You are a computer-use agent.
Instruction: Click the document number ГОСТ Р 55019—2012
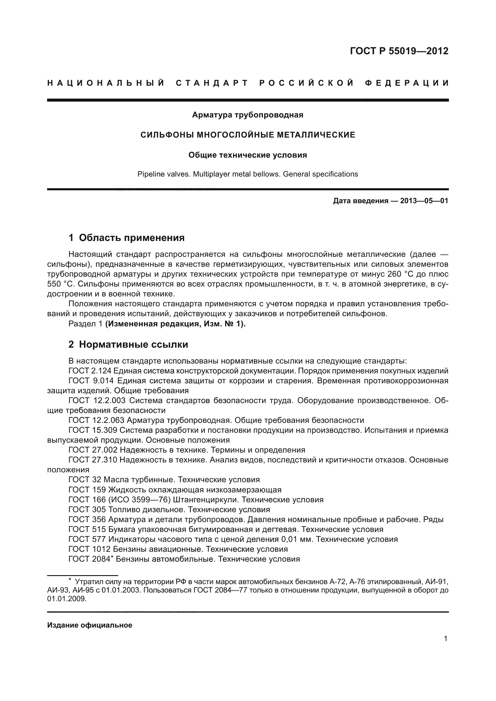click(399, 51)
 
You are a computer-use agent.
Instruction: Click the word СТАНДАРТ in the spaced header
click(212, 83)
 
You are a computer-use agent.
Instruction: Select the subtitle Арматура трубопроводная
click(247, 115)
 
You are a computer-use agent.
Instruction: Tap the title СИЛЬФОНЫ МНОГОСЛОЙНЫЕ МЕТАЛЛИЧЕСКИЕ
click(247, 135)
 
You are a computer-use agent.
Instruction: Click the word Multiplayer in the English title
click(211, 174)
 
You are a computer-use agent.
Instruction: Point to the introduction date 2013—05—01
click(424, 201)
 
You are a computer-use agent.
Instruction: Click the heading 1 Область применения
click(127, 238)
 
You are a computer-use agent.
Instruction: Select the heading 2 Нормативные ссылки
click(128, 344)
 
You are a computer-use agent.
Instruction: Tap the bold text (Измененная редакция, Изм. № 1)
click(175, 324)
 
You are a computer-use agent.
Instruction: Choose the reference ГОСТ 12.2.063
click(96, 420)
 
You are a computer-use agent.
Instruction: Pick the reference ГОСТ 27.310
click(93, 460)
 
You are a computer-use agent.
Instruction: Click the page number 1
click(445, 638)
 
